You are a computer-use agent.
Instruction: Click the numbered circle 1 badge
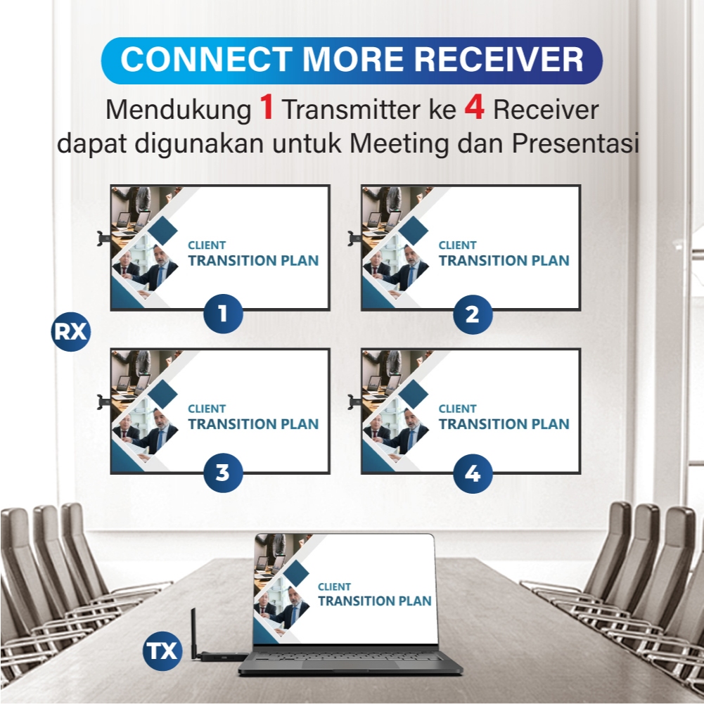[223, 313]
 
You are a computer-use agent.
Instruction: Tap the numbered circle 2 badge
[473, 313]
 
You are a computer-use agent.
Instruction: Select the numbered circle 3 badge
[223, 473]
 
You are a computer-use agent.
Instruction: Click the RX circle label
[71, 331]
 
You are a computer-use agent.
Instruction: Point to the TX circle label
[162, 651]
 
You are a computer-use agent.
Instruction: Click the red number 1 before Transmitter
[266, 109]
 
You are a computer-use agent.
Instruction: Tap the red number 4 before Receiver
[473, 109]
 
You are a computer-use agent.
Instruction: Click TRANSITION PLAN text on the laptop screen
[374, 601]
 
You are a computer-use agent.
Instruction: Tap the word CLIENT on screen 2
[457, 245]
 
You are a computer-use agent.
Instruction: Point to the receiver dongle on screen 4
[354, 402]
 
